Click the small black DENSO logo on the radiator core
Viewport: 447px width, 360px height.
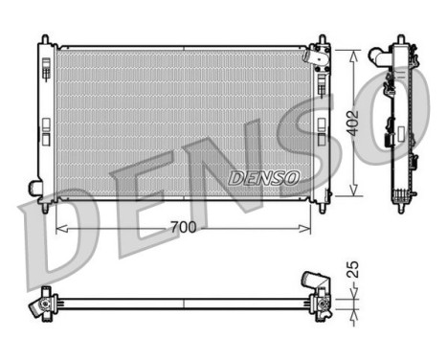264,178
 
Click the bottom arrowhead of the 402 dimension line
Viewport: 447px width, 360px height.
357,194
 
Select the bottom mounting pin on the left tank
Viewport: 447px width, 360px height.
44,204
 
